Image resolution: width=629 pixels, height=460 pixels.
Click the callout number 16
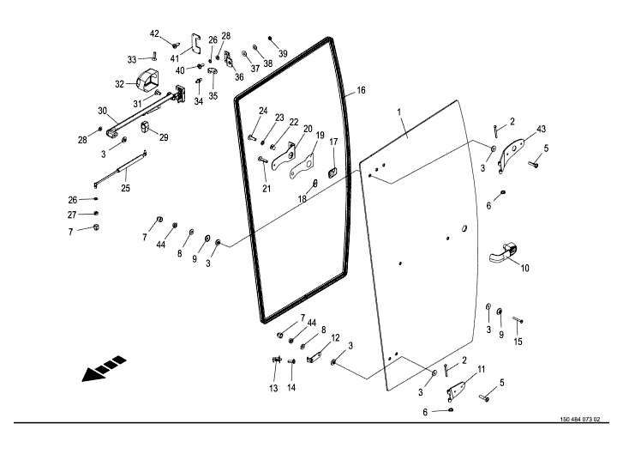pos(361,90)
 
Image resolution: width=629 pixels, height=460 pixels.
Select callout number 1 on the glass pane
pos(398,112)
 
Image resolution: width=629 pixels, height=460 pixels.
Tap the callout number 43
pos(541,129)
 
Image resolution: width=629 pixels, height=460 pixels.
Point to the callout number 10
pos(524,268)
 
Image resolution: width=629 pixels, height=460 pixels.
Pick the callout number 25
pos(125,188)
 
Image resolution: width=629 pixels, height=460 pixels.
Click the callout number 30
pos(102,111)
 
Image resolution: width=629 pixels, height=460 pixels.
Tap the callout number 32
pos(119,84)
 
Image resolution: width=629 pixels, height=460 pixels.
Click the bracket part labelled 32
pos(146,82)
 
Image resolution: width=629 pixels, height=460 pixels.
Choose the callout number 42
pos(155,34)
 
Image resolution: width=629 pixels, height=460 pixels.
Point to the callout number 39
pos(283,52)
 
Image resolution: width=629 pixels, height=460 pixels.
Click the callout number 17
pos(333,142)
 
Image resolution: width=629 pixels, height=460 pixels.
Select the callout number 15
pos(517,342)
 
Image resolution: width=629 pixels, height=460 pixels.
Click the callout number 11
pos(481,369)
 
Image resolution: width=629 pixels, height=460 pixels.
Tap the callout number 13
pos(273,389)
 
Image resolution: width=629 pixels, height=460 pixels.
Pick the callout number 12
pos(335,338)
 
